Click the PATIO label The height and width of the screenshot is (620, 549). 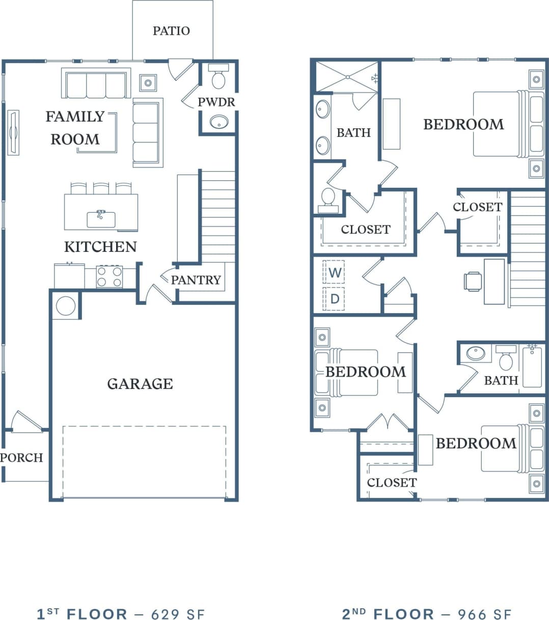pyautogui.click(x=171, y=31)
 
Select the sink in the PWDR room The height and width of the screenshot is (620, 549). pyautogui.click(x=219, y=122)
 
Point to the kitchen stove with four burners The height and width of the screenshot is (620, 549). pyautogui.click(x=109, y=276)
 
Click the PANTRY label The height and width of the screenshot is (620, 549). pyautogui.click(x=196, y=280)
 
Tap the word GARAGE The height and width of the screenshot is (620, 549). pyautogui.click(x=140, y=384)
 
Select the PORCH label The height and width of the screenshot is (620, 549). pyautogui.click(x=21, y=458)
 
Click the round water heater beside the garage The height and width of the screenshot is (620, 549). pyautogui.click(x=66, y=305)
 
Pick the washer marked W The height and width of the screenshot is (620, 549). pyautogui.click(x=334, y=272)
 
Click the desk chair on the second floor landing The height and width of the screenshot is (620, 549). pyautogui.click(x=473, y=281)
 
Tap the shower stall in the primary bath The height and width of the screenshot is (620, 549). pyautogui.click(x=347, y=77)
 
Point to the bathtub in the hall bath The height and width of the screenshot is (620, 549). pyautogui.click(x=532, y=365)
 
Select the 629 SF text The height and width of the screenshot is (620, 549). pyautogui.click(x=178, y=614)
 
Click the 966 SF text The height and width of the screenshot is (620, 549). pyautogui.click(x=484, y=614)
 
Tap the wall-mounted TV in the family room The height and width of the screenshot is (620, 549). pyautogui.click(x=13, y=132)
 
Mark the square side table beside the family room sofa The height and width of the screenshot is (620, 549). pyautogui.click(x=148, y=82)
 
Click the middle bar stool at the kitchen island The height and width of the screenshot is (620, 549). pyautogui.click(x=101, y=188)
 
